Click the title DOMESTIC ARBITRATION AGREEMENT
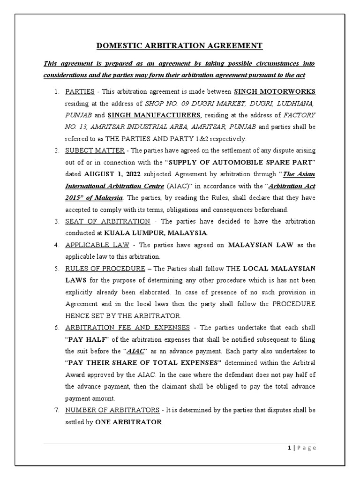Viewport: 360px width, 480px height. pyautogui.click(x=180, y=45)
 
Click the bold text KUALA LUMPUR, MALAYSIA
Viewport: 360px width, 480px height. pyautogui.click(x=155, y=233)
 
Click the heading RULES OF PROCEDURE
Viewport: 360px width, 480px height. pyautogui.click(x=105, y=268)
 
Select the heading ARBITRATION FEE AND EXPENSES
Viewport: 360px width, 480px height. pyautogui.click(x=127, y=327)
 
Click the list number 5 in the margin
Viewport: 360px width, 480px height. pyautogui.click(x=56, y=268)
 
